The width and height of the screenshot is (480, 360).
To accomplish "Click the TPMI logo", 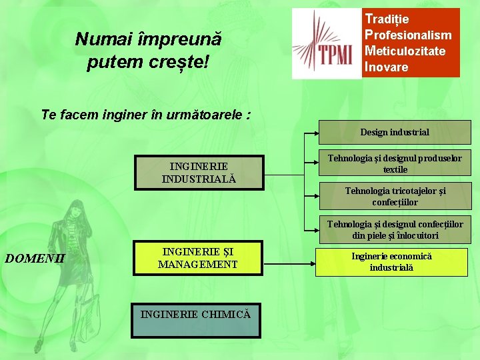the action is [327, 44].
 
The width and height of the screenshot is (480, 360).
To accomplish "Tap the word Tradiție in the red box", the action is [387, 19].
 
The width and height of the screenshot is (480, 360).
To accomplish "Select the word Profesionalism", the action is [407, 35].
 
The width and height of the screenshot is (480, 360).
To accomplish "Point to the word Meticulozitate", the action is [405, 51].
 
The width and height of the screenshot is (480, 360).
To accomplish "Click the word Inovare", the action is [386, 67].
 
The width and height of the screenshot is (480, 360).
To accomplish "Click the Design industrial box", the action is [395, 133].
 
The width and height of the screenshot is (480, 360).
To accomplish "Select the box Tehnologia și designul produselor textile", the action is [395, 163].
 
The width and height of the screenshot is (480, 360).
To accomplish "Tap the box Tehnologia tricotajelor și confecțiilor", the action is [395, 196].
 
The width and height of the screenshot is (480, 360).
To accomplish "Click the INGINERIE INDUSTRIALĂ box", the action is [198, 172].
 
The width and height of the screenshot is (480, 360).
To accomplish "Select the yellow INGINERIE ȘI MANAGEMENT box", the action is [198, 258].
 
